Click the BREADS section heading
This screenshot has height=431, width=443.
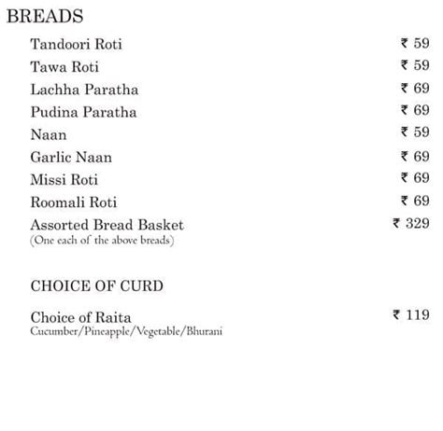[45, 17]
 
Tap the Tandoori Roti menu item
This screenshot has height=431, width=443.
[76, 45]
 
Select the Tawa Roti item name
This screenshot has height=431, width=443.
[64, 67]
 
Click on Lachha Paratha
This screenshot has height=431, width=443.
[84, 90]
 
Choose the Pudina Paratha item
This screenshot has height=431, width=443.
[83, 112]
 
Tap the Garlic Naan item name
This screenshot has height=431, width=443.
[70, 157]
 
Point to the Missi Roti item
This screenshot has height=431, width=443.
[64, 179]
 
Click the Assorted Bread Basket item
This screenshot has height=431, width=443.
[107, 225]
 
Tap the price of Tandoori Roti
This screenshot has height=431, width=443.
[415, 43]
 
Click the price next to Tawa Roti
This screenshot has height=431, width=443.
[415, 65]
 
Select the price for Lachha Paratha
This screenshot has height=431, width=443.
[415, 89]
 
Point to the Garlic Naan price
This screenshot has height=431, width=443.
[415, 156]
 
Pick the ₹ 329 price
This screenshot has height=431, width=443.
[411, 224]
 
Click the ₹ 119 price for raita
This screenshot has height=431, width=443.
[411, 315]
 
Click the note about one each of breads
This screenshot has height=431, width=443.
[102, 241]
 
